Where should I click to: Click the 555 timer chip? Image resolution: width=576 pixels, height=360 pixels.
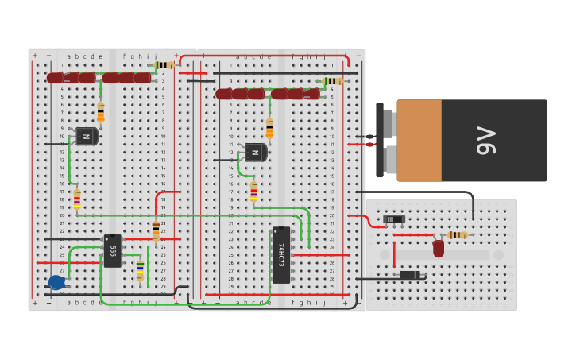click(113, 250)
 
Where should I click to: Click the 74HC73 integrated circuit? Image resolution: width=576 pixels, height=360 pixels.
click(281, 254)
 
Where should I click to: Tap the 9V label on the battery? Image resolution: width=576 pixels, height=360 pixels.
click(485, 140)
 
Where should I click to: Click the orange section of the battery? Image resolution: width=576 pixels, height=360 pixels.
click(419, 140)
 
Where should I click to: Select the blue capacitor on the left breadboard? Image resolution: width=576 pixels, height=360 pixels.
click(56, 281)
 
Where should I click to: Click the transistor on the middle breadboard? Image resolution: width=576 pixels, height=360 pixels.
click(255, 152)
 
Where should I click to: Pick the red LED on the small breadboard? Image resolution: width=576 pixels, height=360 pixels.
click(439, 248)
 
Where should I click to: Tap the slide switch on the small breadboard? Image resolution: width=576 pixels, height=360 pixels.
click(394, 219)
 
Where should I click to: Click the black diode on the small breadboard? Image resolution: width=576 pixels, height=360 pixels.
click(410, 275)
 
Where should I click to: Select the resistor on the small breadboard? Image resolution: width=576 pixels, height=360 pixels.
click(457, 235)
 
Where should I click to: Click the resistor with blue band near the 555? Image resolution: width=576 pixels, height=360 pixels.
click(141, 270)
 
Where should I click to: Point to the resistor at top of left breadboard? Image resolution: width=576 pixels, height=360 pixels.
click(164, 65)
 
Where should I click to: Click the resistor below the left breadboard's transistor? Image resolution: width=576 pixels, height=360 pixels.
click(77, 199)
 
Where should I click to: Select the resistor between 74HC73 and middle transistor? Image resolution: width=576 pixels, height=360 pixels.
click(253, 192)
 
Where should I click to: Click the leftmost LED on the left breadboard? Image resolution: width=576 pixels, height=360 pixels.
click(55, 78)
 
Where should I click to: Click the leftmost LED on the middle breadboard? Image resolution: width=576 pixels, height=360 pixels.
click(224, 94)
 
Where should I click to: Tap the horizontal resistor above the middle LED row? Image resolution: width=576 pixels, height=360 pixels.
click(333, 81)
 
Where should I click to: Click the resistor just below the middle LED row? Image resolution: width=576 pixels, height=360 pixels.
click(269, 127)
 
